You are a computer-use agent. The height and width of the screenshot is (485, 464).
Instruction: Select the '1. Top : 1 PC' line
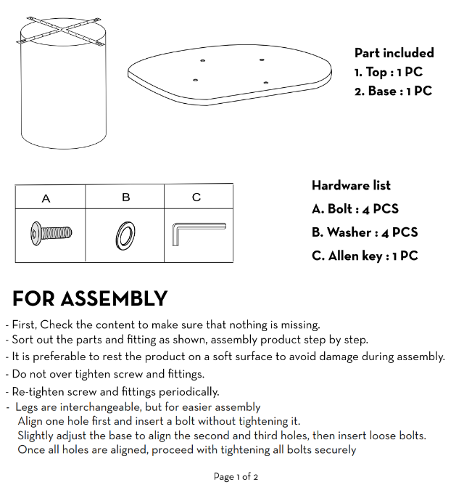coord(388,72)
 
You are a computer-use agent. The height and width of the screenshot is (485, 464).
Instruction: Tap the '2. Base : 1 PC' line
coord(393,91)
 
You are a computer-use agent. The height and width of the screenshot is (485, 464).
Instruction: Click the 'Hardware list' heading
coord(351,186)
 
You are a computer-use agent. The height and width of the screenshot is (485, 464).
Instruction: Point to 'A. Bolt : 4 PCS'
coord(355,209)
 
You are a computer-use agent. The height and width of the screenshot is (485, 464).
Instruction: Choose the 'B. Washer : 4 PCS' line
coord(364,232)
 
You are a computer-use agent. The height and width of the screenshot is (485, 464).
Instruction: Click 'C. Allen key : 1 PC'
coord(364,256)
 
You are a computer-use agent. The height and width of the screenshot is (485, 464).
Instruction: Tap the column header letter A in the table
coord(46,198)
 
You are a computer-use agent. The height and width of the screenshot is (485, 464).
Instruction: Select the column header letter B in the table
coord(125,197)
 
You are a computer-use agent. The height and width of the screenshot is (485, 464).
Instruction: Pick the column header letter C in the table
coord(196,197)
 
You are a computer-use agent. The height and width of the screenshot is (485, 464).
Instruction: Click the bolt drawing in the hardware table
coord(51,234)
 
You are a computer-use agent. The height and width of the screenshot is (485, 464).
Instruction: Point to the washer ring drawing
coord(125,235)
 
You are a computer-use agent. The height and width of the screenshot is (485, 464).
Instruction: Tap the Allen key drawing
coord(198,234)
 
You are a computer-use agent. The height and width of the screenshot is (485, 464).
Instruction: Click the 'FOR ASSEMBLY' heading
coord(90,299)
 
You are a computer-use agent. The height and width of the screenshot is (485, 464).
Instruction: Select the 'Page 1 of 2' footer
coord(236,477)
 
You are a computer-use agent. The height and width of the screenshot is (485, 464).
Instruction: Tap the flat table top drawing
coord(230,73)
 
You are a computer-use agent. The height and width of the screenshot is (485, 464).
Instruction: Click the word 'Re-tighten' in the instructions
coord(36,392)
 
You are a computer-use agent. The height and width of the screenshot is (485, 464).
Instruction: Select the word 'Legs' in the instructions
coord(28,407)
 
